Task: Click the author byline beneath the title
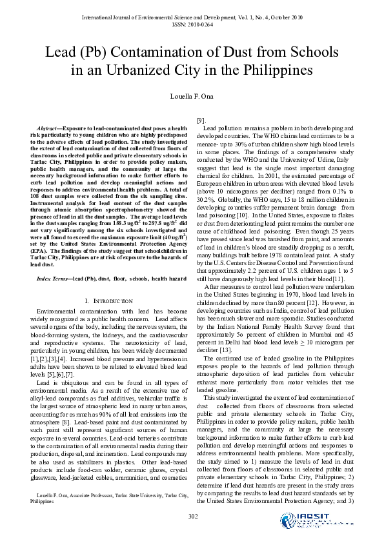tap(192, 96)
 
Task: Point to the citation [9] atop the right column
tap(201, 121)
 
